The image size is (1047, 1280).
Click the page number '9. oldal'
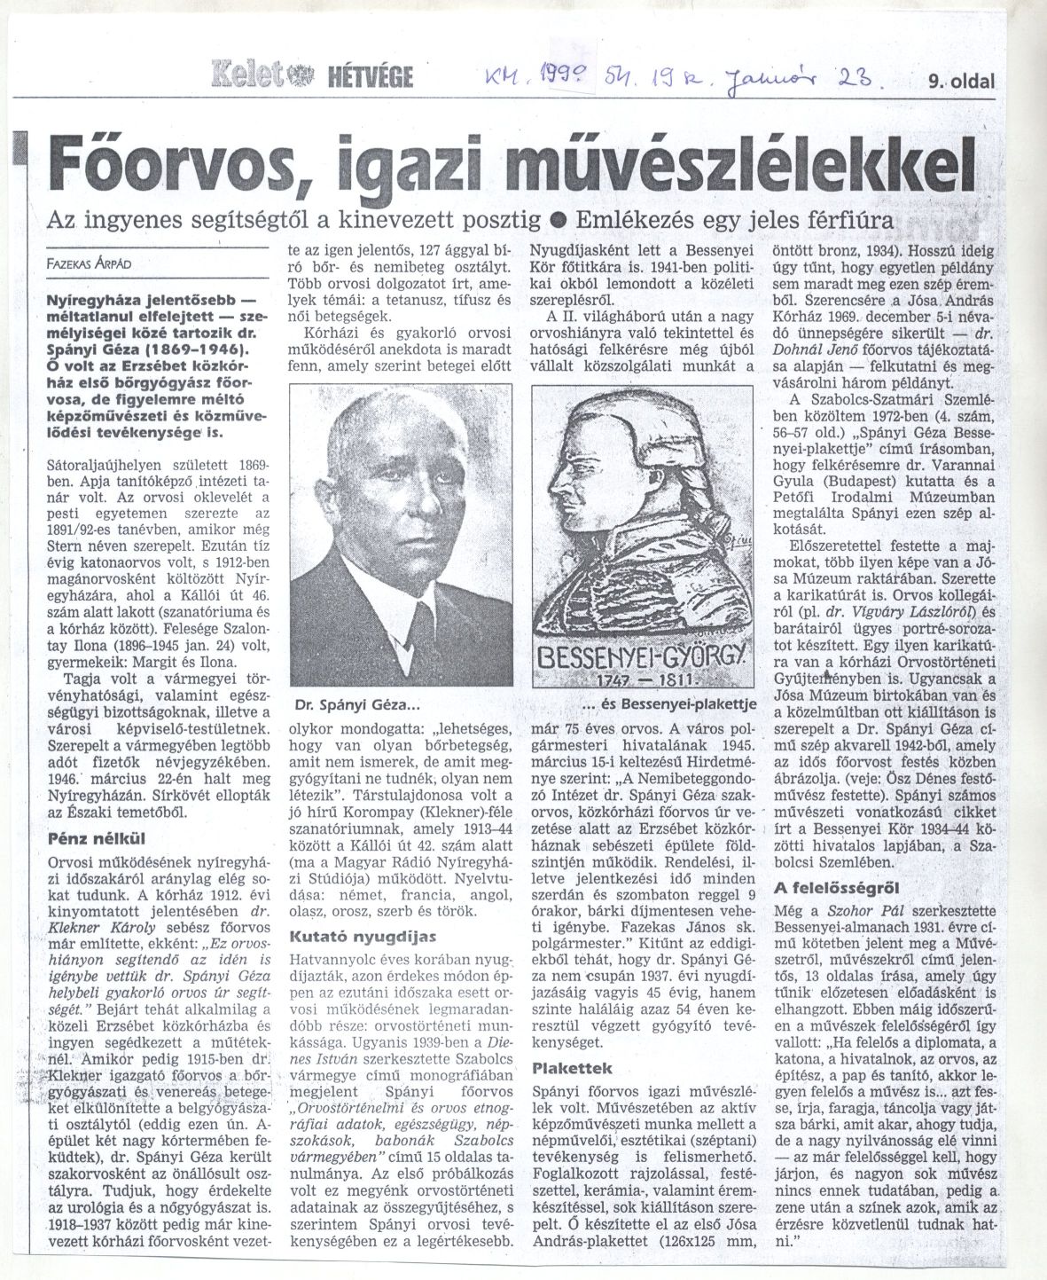(960, 82)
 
